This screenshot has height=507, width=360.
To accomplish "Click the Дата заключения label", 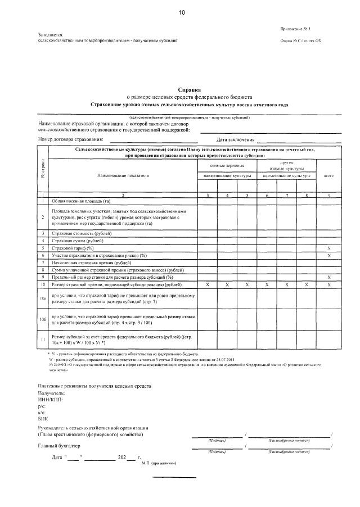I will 235,139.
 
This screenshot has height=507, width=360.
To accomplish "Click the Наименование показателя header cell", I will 123,176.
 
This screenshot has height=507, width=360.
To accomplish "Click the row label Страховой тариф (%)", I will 73,247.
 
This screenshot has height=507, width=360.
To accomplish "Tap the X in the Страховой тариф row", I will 329,247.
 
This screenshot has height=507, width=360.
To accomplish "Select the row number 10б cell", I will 43,320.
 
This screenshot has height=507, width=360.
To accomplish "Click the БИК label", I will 44,419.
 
